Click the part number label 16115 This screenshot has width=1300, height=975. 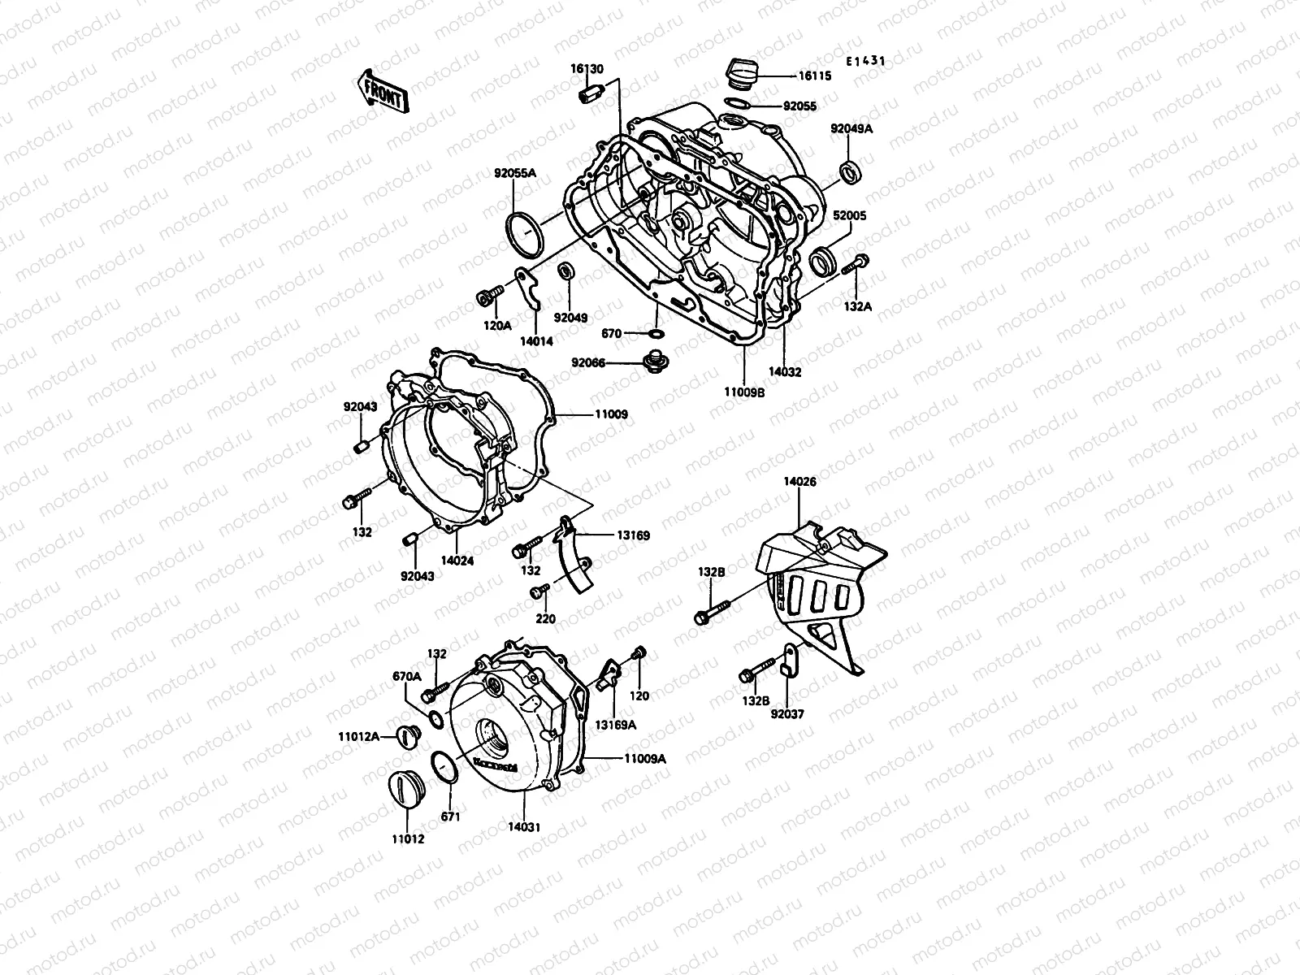tap(814, 75)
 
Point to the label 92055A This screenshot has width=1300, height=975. tap(516, 172)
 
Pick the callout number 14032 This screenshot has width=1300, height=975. tap(785, 372)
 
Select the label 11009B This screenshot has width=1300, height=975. tap(744, 391)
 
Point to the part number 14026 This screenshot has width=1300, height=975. tap(799, 481)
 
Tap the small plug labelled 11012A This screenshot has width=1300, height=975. tap(405, 738)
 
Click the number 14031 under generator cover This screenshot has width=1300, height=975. tap(525, 827)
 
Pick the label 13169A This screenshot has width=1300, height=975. tap(615, 723)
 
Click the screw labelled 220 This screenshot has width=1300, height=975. tap(536, 593)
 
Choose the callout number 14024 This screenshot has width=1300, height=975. tap(457, 560)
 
